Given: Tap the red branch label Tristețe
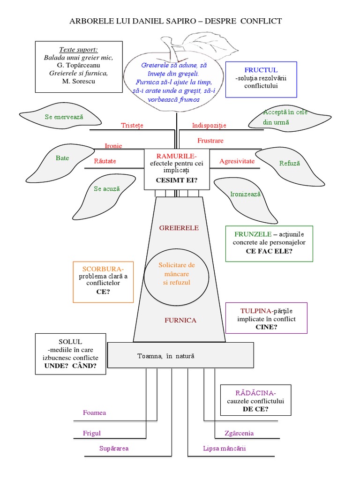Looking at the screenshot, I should pos(132,126).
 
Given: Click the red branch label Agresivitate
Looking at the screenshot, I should pos(237,161).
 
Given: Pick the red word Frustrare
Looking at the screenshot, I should pos(210,141).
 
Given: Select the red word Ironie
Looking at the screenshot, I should pos(113,146).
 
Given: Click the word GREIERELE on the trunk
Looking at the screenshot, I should pos(179,228).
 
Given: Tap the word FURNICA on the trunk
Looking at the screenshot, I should pos(180,321).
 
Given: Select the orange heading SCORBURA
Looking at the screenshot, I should pos(103,269).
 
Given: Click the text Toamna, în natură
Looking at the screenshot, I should pos(165,356).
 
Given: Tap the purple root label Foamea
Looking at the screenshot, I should pos(94,413).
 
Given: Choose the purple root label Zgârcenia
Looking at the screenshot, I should pos(239,433).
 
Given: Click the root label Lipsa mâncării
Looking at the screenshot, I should pos(224,449).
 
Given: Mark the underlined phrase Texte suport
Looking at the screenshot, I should pos(79,50).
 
